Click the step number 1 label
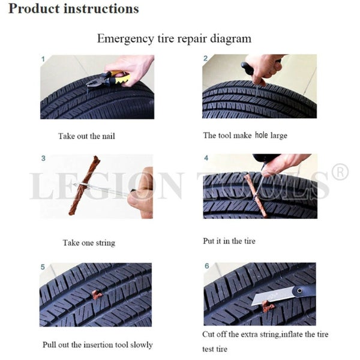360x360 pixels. [43, 59]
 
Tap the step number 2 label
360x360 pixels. [205, 58]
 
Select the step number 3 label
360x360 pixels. [43, 158]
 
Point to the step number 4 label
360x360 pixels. [206, 158]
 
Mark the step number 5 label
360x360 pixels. [43, 267]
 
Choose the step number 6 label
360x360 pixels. [207, 266]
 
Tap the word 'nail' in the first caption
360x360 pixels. [108, 136]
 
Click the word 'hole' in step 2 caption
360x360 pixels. [262, 135]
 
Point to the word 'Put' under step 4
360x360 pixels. [209, 241]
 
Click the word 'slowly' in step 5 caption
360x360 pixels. [142, 345]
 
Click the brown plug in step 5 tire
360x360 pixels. [97, 295]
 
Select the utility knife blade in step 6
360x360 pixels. [272, 296]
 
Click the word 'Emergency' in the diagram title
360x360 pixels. [125, 39]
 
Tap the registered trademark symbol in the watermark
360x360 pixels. [340, 172]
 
